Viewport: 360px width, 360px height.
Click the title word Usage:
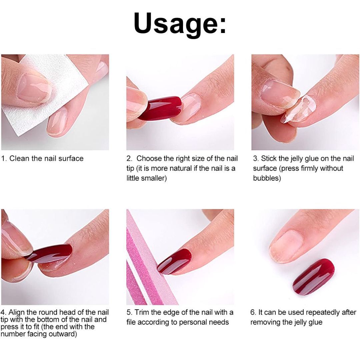click(x=180, y=23)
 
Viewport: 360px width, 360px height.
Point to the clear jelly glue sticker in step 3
click(x=295, y=108)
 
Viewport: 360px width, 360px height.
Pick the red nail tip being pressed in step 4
click(x=50, y=253)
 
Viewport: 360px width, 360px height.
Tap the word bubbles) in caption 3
click(x=267, y=178)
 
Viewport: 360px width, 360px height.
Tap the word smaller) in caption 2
click(x=147, y=178)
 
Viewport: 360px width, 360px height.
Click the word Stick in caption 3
click(x=269, y=158)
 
